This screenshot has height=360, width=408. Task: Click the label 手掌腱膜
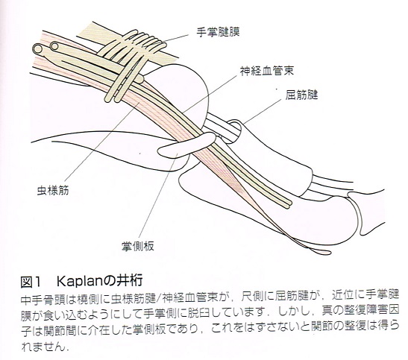[x=218, y=33]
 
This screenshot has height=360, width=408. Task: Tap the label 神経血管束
[x=267, y=71]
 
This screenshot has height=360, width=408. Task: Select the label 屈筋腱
[x=301, y=95]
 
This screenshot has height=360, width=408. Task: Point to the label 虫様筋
[x=53, y=190]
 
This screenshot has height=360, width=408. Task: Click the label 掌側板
[x=138, y=246]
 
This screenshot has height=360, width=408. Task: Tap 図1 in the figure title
[x=31, y=282]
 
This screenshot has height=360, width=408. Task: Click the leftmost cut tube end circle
[x=38, y=49]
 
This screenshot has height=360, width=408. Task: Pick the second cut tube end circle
[x=54, y=46]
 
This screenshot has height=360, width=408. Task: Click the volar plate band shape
[x=186, y=145]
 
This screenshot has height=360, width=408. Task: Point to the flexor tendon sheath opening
[x=235, y=127]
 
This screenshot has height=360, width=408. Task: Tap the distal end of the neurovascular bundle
[x=286, y=203]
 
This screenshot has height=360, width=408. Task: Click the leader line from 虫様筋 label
[x=102, y=142]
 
